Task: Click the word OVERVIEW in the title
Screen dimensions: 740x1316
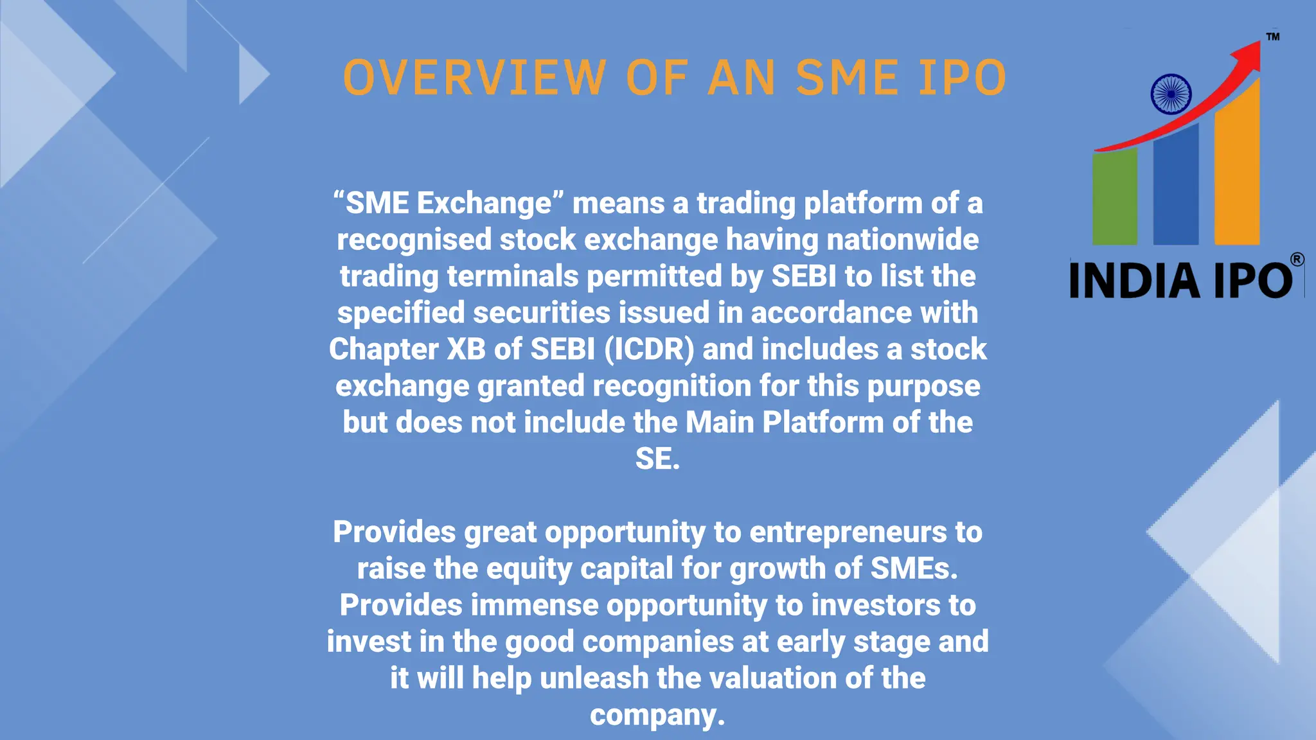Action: coord(474,78)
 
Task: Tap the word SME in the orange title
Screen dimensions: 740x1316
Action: coord(847,78)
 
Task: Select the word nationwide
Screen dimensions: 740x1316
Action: coord(902,240)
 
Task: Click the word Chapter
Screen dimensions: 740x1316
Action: coord(384,349)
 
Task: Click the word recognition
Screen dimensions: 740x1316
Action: coord(671,386)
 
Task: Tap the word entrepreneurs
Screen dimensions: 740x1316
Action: coord(848,532)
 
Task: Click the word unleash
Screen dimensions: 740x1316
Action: coord(594,678)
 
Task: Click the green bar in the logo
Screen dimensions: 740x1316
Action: coord(1115,197)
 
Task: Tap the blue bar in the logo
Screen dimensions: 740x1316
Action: coord(1175,186)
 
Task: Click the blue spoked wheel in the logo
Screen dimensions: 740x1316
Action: coord(1171,94)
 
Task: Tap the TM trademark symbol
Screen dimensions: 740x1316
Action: coord(1272,37)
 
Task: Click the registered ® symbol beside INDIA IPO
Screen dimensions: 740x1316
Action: coord(1297,260)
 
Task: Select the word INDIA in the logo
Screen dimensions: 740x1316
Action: coord(1135,281)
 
